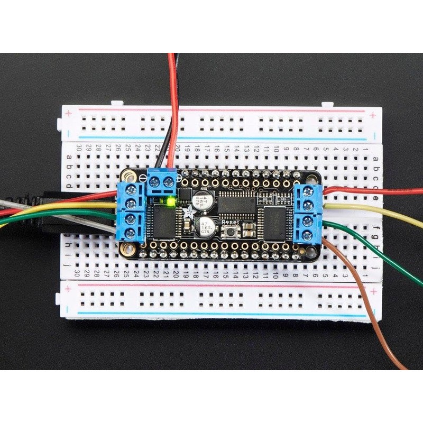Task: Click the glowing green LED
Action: (x=170, y=201)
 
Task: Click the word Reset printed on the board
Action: (x=231, y=223)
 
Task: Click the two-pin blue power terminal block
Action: (x=161, y=182)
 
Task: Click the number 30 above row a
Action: (x=79, y=147)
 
